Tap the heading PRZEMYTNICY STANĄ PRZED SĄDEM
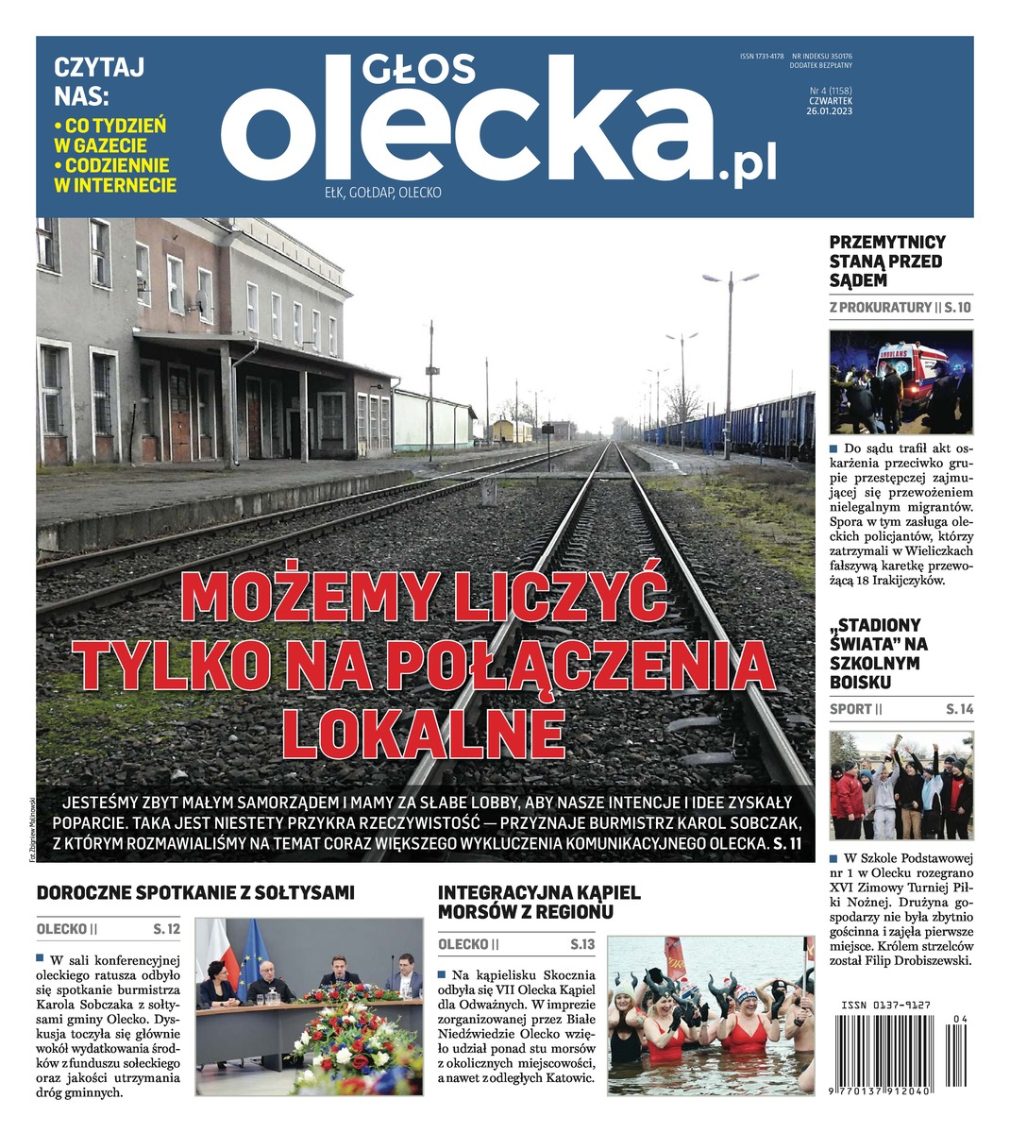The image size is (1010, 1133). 886,262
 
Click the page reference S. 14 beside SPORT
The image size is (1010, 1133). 959,709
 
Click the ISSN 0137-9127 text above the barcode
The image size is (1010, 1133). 884,1006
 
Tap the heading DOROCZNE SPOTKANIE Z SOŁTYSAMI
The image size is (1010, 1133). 195,892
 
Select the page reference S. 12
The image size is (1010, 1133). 166,929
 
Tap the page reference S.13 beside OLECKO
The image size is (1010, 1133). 582,944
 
